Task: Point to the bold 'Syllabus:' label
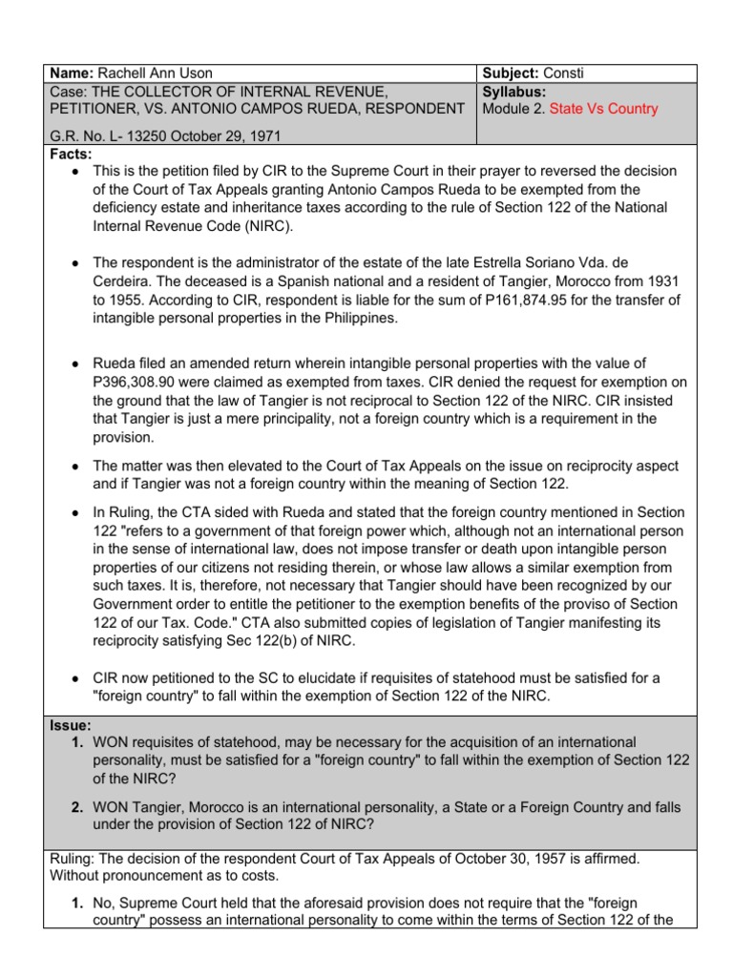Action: point(514,92)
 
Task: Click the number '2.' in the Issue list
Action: point(78,807)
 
